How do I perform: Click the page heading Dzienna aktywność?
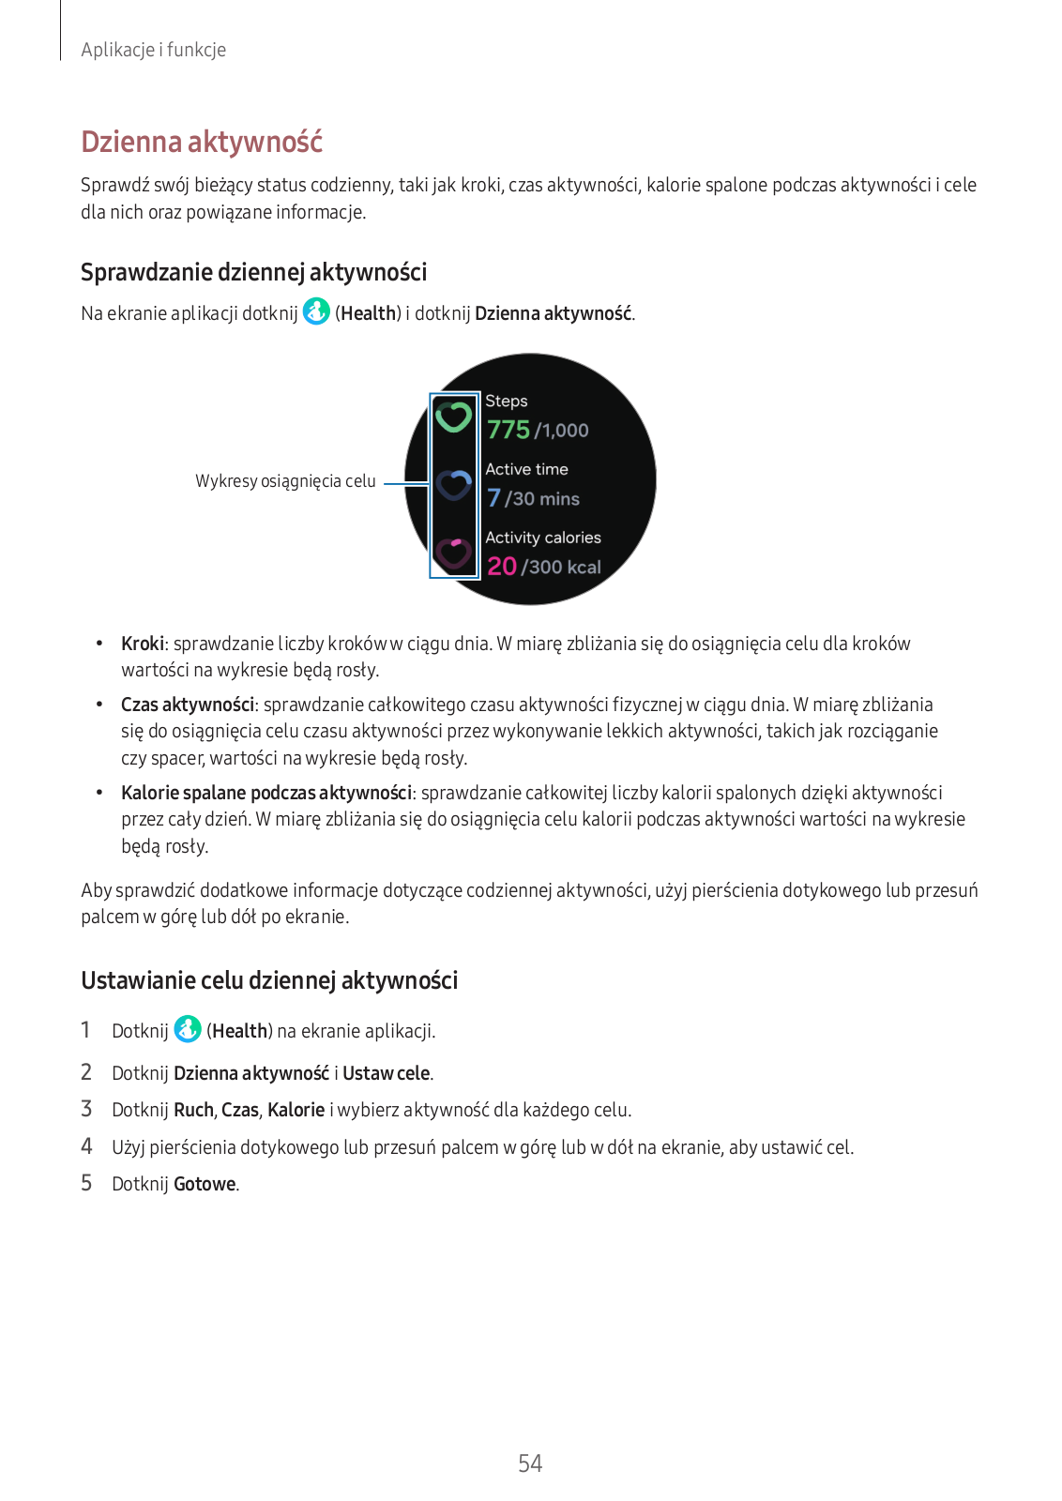point(202,142)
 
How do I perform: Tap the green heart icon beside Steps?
point(454,417)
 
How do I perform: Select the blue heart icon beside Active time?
point(454,485)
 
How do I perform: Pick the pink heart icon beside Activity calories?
point(454,553)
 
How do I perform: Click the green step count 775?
point(508,430)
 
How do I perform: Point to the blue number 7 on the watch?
point(493,498)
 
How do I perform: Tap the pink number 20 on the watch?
point(502,567)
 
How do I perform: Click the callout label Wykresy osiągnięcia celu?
point(285,481)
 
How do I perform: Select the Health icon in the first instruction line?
point(316,311)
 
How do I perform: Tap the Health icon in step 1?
point(188,1029)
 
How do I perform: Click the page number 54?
point(530,1463)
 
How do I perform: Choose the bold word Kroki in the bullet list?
point(143,644)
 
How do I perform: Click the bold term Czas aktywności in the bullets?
point(188,705)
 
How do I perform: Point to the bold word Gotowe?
point(205,1184)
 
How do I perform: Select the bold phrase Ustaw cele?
point(387,1073)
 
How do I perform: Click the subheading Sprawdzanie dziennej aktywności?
point(253,272)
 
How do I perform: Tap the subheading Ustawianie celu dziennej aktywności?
point(269,980)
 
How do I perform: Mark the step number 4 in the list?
point(86,1146)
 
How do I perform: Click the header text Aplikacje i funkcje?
point(153,50)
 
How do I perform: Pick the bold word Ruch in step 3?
point(193,1110)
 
